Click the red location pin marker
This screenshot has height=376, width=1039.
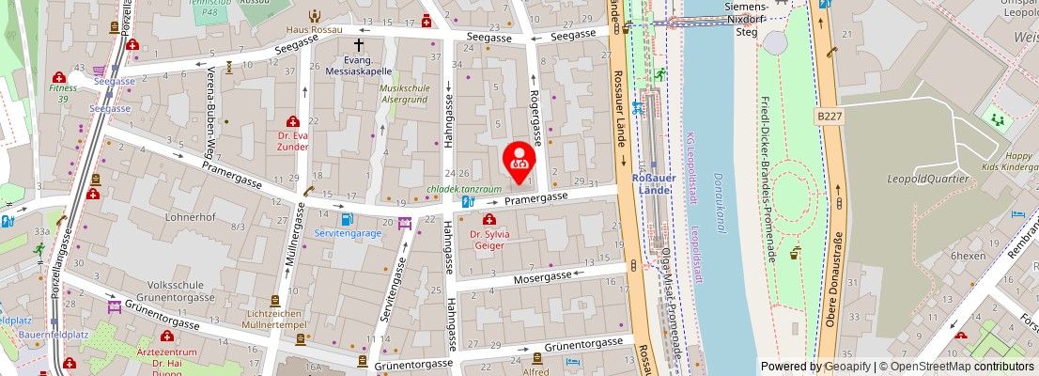[x=519, y=158]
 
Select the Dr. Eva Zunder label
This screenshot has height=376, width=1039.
[x=293, y=141]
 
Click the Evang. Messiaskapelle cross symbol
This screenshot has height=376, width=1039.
[x=358, y=44]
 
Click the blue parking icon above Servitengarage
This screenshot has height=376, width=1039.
[x=348, y=219]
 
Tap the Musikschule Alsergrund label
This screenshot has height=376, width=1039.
[x=404, y=93]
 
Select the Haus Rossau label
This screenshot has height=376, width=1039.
[x=315, y=29]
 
